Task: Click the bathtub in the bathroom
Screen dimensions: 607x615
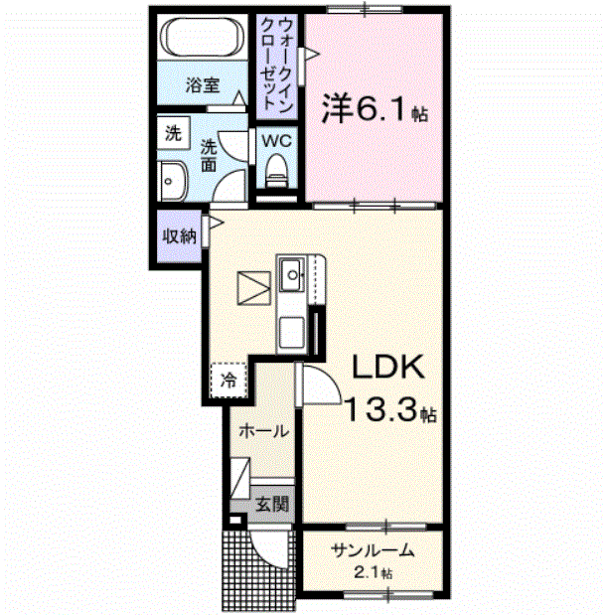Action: click(x=203, y=38)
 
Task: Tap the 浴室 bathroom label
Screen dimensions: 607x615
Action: click(x=203, y=84)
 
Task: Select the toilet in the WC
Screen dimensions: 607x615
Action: click(x=276, y=170)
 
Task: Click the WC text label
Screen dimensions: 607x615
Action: click(x=276, y=141)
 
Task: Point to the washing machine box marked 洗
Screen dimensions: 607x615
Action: click(x=173, y=132)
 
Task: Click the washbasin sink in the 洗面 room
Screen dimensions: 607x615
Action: click(x=172, y=181)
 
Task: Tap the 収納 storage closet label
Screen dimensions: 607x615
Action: click(x=179, y=236)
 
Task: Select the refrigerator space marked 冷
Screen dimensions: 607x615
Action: click(x=228, y=381)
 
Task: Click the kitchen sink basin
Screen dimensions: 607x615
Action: click(x=292, y=274)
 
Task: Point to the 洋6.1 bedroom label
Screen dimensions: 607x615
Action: click(x=375, y=108)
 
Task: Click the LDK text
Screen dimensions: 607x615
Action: click(x=388, y=367)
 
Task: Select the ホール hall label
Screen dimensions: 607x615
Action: click(x=264, y=431)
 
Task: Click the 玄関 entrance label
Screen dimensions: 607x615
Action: click(x=272, y=503)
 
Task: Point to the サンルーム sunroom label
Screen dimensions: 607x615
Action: click(x=373, y=550)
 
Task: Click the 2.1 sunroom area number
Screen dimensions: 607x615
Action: click(x=368, y=573)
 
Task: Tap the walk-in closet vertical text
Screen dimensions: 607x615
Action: click(x=276, y=65)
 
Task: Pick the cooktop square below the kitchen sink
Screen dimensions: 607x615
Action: click(x=292, y=332)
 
